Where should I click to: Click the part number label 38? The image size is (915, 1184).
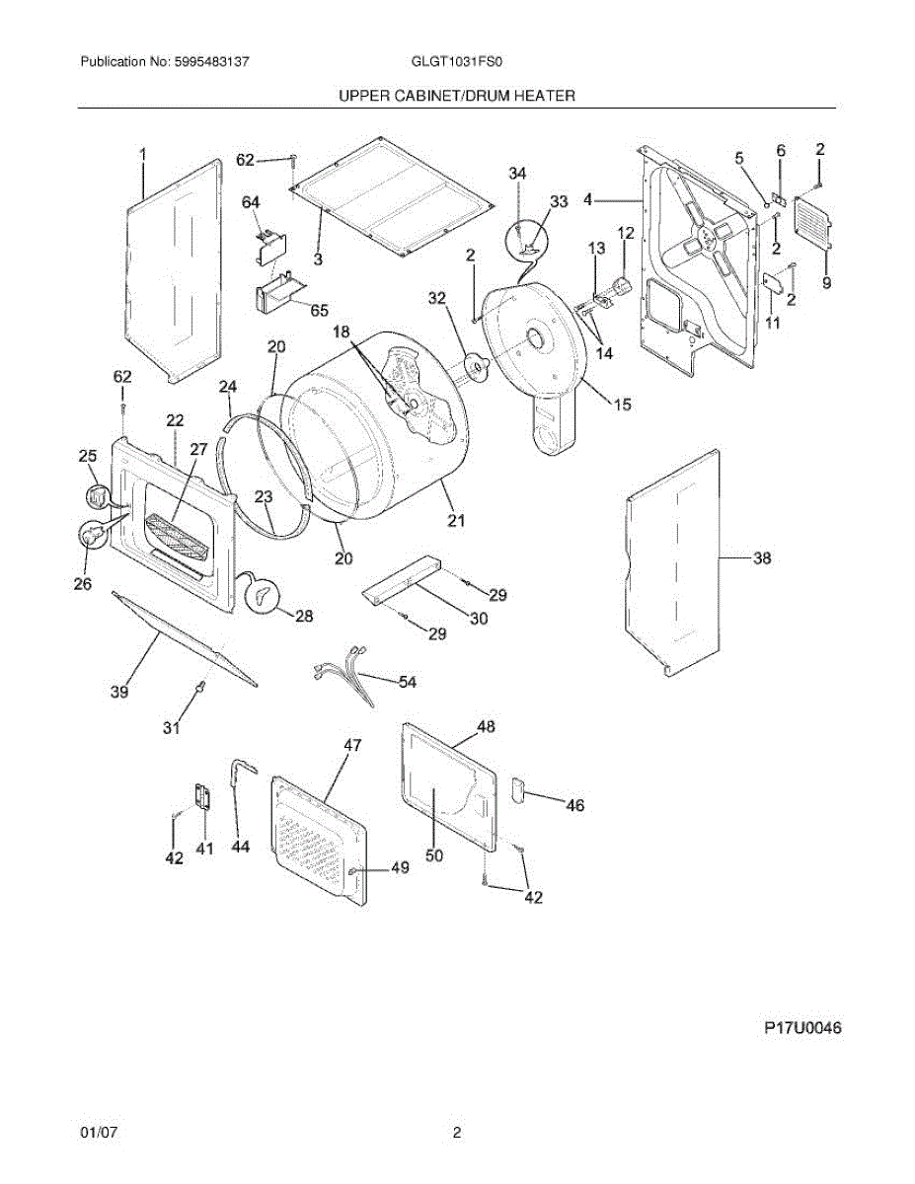click(762, 558)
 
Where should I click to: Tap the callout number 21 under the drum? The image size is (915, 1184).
click(455, 521)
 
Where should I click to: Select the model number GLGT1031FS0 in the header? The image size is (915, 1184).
click(457, 61)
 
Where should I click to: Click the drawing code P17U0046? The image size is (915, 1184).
click(802, 1028)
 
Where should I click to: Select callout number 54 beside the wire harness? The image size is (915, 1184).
click(407, 682)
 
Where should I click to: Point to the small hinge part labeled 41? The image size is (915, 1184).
click(203, 796)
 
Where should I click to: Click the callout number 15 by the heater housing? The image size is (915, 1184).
click(622, 404)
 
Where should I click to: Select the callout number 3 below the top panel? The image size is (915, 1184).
click(318, 259)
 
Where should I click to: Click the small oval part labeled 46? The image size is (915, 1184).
click(516, 788)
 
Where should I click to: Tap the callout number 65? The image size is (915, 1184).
click(319, 310)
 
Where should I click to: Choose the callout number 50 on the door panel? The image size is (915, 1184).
click(434, 855)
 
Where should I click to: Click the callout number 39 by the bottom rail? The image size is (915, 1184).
click(118, 693)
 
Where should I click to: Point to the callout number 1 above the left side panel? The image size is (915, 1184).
click(142, 154)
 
